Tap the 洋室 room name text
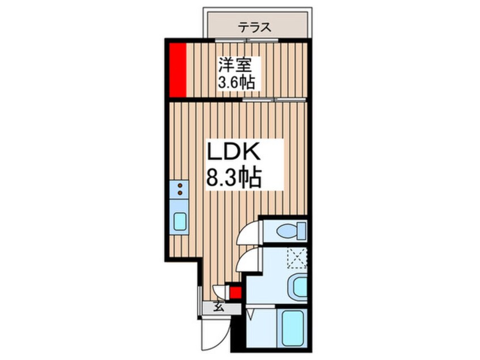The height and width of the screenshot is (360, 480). pos(237,65)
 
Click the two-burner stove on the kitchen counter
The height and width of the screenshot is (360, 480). pos(180,189)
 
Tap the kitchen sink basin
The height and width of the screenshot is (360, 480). pos(180,221)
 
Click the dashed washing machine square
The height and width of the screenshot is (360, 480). pos(296,258)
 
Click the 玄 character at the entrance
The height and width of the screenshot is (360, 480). pos(218,308)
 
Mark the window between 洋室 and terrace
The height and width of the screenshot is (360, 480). pos(247,40)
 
